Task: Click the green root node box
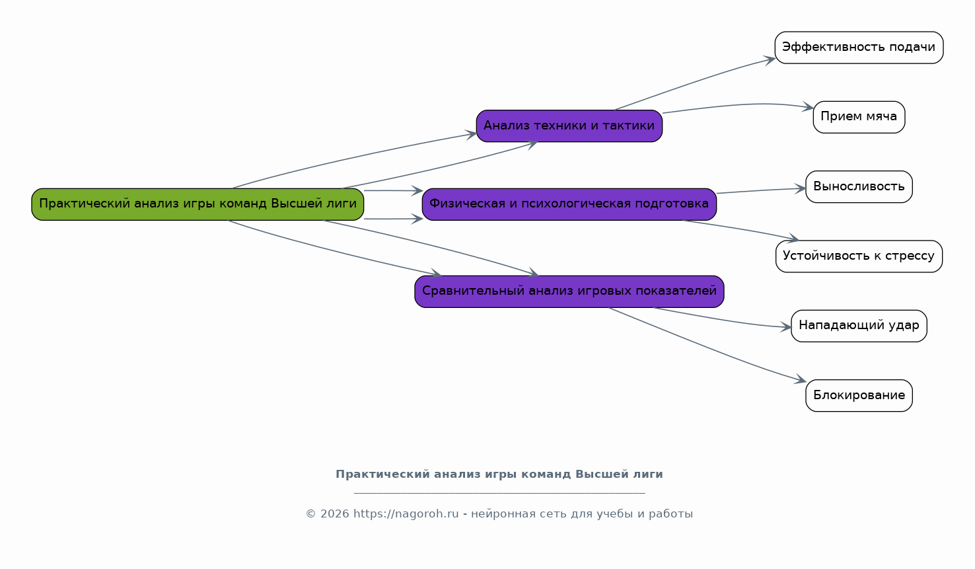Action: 198,204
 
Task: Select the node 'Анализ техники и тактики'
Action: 569,126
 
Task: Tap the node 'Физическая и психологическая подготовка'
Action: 569,204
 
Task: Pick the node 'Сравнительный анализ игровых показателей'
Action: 569,291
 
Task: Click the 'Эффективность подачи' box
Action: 858,48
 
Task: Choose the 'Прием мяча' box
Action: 858,117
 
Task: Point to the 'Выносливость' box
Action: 858,187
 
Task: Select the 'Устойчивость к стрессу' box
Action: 858,256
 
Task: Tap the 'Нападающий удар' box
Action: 858,326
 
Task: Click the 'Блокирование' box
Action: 858,396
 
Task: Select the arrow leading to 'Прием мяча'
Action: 740,105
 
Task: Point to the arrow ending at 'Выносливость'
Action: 760,191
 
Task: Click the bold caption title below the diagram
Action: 499,474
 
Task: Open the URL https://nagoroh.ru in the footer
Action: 406,514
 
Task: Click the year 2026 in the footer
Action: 334,514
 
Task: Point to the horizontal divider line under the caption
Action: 499,493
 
